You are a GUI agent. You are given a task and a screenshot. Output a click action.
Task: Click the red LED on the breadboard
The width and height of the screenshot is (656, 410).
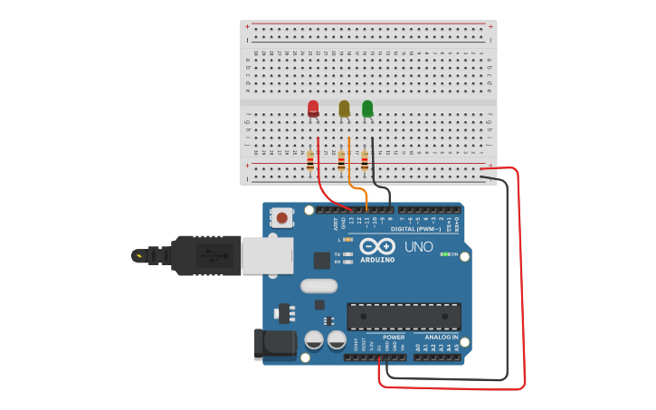point(313,109)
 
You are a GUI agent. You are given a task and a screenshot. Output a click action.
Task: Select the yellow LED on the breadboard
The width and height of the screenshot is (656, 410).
point(344,109)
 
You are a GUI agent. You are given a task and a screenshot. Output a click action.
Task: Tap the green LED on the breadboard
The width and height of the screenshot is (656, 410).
point(367,109)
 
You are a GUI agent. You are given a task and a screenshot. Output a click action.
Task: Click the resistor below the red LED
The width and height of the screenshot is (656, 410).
point(310,161)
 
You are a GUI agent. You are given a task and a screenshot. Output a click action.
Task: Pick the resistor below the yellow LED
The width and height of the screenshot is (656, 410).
point(341,161)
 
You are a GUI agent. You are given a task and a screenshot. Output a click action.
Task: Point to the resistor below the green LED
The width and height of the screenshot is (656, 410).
point(365,161)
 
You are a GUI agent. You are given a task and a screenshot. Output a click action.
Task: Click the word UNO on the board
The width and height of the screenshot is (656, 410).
point(418,246)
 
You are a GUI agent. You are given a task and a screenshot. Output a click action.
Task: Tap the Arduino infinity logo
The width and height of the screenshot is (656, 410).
point(376,246)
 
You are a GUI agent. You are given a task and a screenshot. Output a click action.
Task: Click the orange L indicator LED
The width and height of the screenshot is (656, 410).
point(348,239)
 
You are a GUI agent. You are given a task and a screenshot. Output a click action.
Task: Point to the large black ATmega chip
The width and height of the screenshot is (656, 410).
point(404,317)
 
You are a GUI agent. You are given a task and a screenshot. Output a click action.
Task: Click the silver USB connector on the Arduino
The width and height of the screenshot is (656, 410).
point(267,255)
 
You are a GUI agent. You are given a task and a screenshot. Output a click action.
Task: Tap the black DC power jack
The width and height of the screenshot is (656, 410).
point(275,343)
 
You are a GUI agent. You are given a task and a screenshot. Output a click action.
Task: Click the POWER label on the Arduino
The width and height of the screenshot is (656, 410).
point(394,337)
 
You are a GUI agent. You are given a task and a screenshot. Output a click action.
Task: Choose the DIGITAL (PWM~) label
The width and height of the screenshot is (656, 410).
point(416,229)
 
